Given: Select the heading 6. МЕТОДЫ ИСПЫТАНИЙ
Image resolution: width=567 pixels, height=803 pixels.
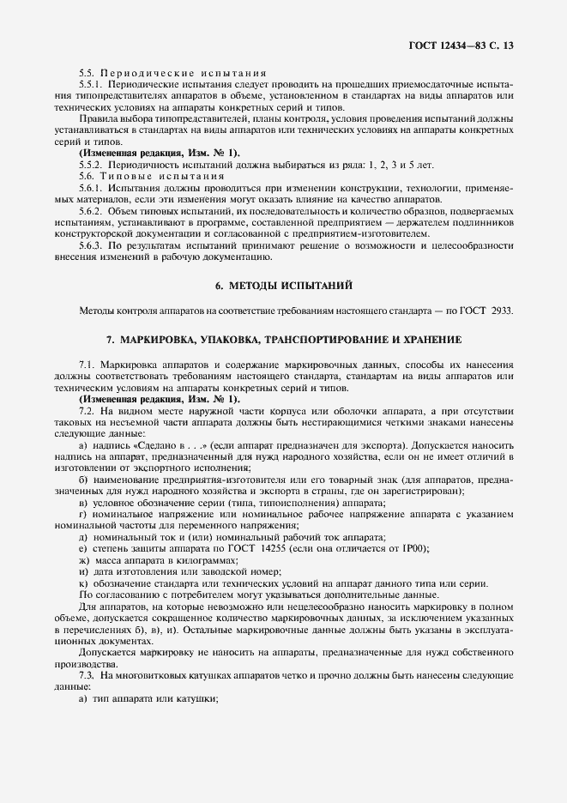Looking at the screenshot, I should click(283, 284).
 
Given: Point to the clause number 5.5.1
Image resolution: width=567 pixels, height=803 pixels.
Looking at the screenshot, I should click(91, 85).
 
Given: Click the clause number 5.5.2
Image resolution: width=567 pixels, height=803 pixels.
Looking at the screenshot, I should click(91, 163).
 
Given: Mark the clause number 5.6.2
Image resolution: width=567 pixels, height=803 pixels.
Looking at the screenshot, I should click(91, 210).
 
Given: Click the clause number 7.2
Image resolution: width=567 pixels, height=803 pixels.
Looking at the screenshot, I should click(87, 411).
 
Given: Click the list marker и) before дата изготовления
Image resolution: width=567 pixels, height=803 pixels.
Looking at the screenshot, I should click(82, 572).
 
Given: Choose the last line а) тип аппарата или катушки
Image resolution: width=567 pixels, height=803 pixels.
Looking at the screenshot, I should click(148, 698).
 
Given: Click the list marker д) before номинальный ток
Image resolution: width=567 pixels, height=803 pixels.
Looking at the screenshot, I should click(82, 536).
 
